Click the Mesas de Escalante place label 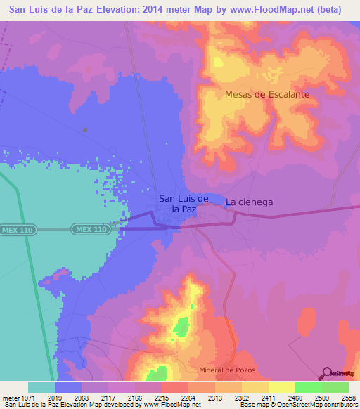[267, 93]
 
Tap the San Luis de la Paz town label [183, 204]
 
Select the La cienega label [249, 202]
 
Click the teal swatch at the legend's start [41, 387]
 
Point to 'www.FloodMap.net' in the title [275, 9]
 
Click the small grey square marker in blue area [85, 129]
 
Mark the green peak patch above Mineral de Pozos [181, 326]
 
